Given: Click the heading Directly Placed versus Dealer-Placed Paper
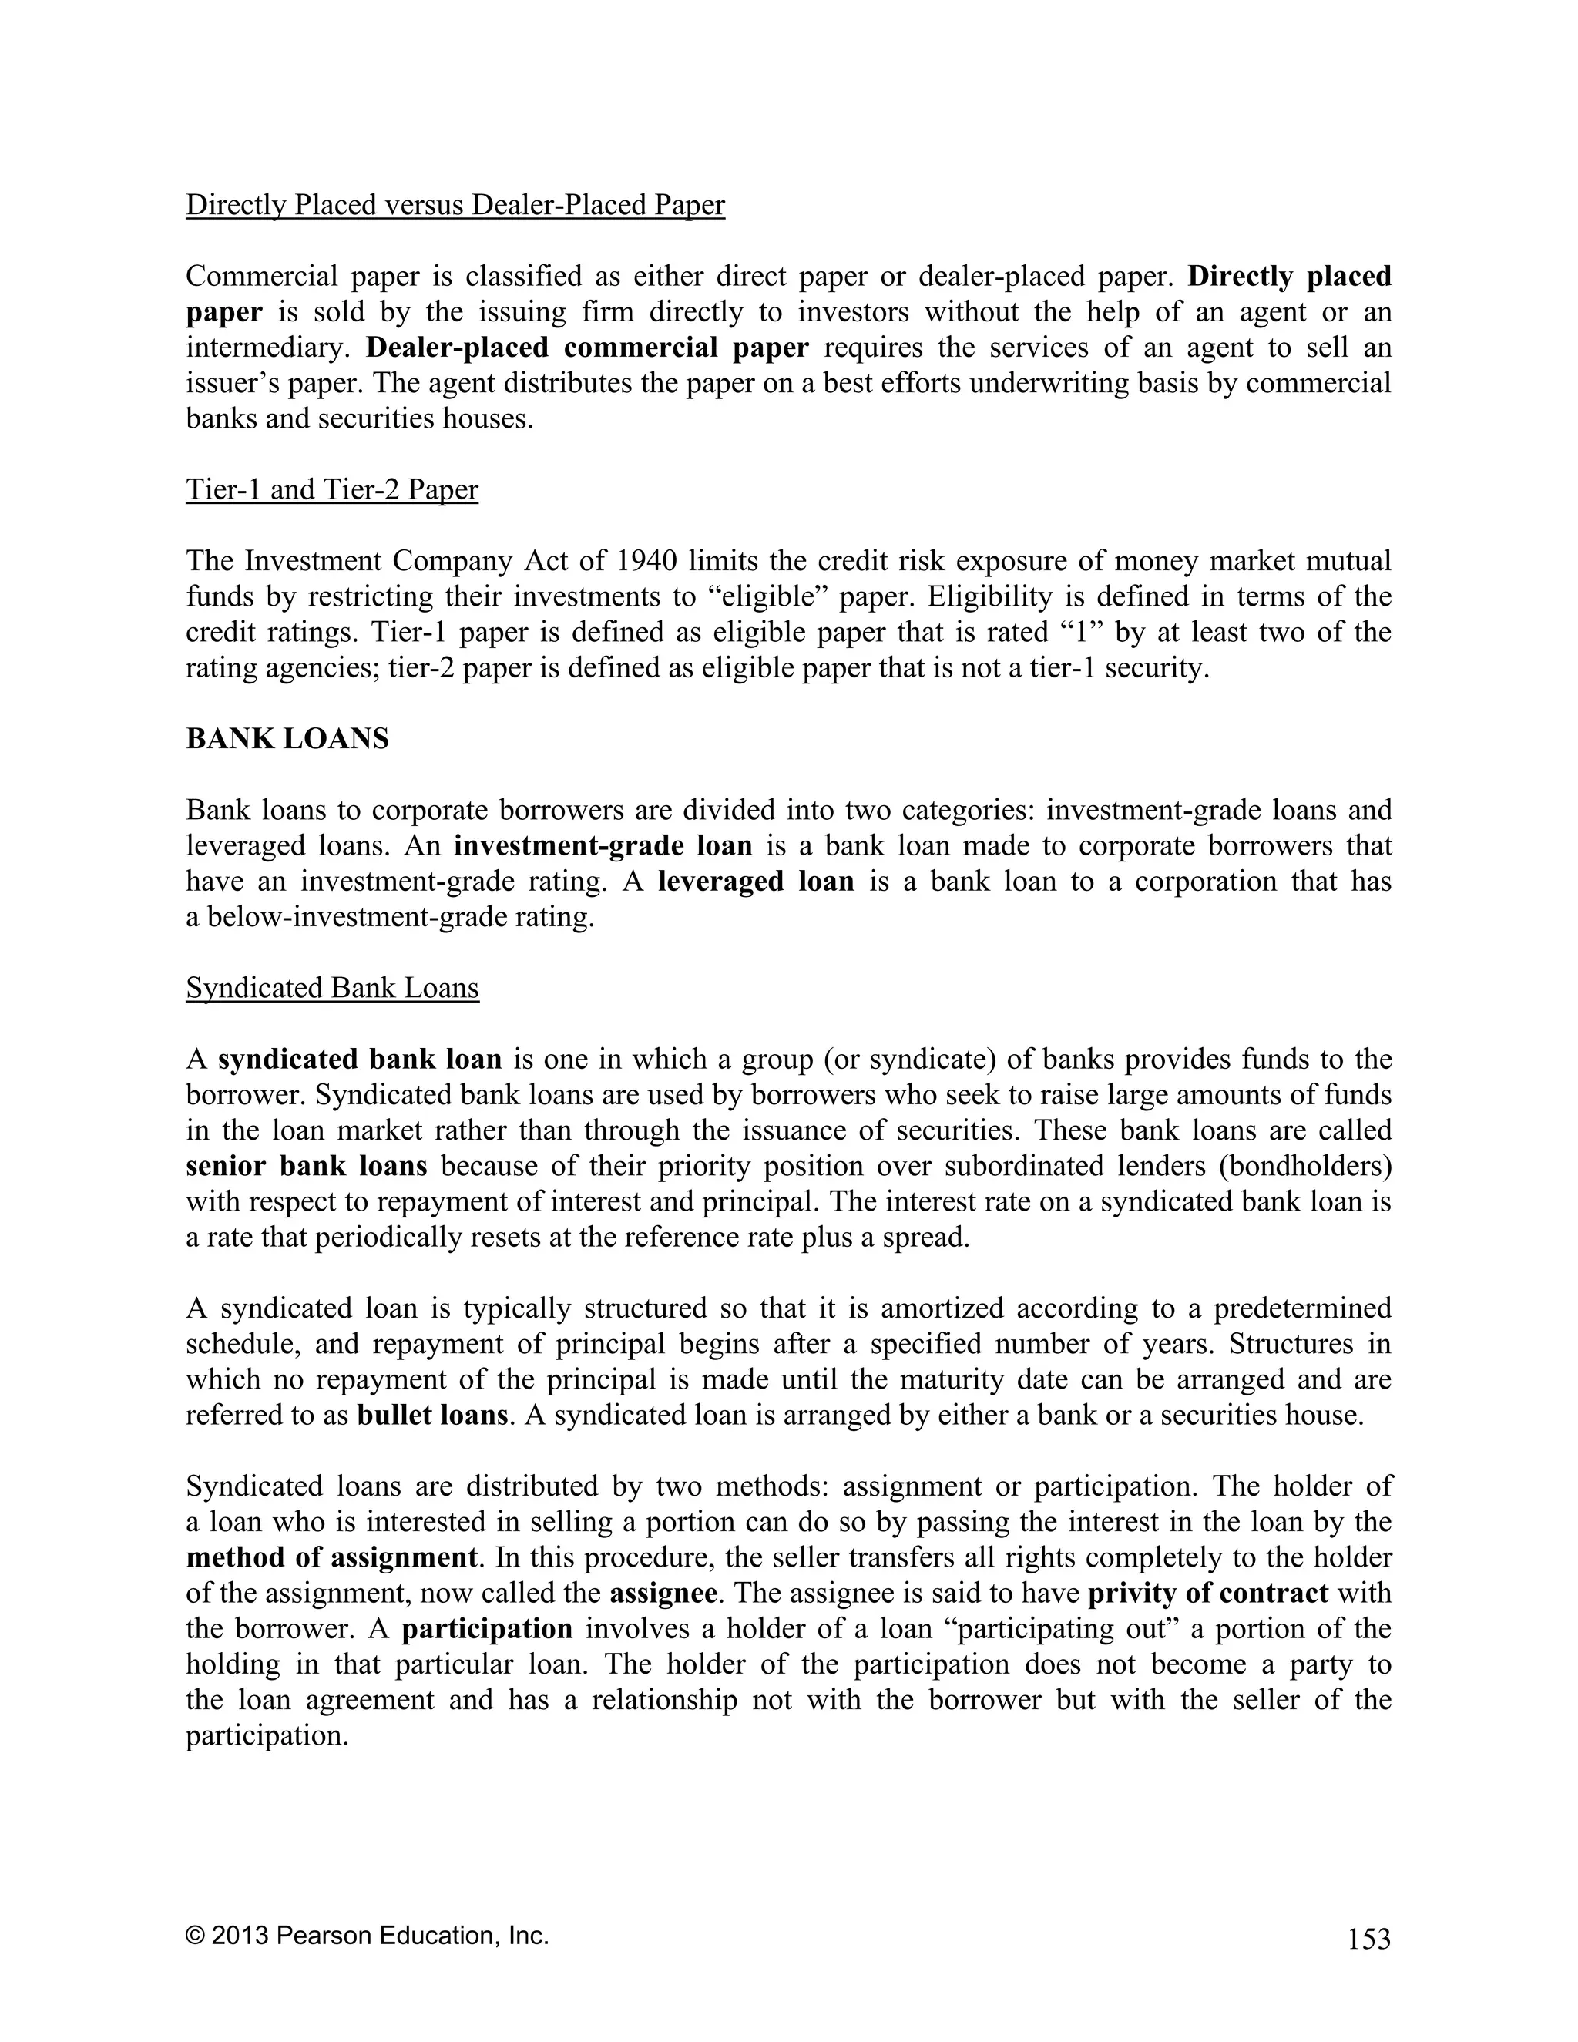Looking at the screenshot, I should click(455, 205).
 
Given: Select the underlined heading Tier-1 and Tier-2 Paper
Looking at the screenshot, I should click(332, 490).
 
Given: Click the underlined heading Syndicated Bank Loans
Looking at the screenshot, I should click(332, 989).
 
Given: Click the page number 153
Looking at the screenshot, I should click(1368, 1940).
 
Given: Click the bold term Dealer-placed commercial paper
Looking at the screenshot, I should click(587, 348).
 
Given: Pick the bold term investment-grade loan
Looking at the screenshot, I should click(603, 846).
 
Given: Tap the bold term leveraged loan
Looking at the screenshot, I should click(757, 882).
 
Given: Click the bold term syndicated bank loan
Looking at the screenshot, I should click(360, 1060).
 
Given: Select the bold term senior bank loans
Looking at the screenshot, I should click(307, 1166).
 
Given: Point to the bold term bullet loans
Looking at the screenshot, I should click(432, 1415).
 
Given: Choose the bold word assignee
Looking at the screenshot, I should click(663, 1594).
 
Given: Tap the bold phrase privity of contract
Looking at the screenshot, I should click(1208, 1594).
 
